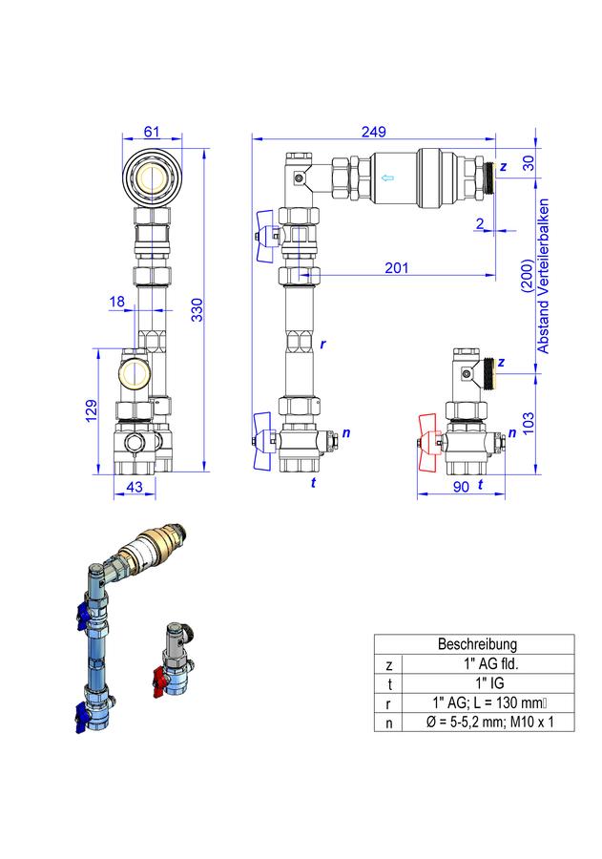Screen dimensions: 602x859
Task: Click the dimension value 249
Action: [373, 132]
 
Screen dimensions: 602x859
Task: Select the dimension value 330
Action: [197, 309]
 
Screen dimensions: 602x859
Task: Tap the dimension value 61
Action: [151, 132]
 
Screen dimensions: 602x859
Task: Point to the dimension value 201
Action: [396, 267]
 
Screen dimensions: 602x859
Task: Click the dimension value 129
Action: [92, 410]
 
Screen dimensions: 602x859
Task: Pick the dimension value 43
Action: [135, 487]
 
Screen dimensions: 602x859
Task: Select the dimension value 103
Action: [528, 424]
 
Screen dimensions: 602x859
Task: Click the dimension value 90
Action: [461, 487]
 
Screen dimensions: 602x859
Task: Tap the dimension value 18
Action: [116, 302]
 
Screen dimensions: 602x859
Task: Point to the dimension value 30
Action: [528, 162]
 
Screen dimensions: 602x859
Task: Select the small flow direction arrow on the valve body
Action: [387, 177]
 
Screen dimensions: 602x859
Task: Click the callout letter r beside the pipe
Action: [322, 345]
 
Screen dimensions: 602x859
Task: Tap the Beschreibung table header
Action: [477, 643]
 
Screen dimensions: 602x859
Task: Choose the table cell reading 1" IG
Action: [489, 683]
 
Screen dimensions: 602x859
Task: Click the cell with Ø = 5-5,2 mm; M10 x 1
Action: [489, 723]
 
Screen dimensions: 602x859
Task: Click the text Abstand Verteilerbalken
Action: [543, 276]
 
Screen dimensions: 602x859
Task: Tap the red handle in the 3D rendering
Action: [157, 681]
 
